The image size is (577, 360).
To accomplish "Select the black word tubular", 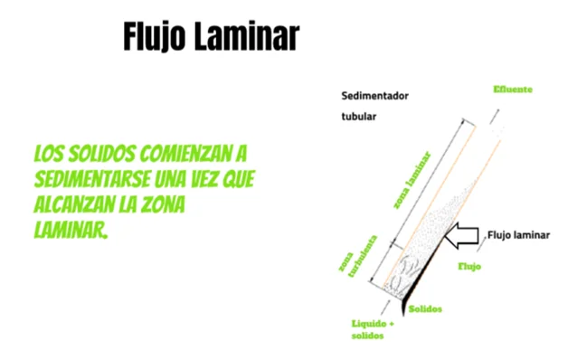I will (x=358, y=118).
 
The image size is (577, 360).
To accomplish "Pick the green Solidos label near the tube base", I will (x=426, y=309).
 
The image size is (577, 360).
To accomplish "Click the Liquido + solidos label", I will (x=373, y=329).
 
